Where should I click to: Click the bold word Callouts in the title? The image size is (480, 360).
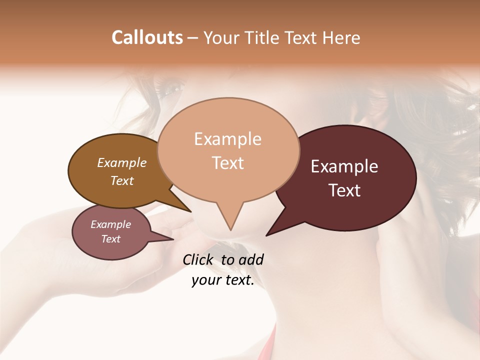[x=147, y=38]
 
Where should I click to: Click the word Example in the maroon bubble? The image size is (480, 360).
[x=344, y=166]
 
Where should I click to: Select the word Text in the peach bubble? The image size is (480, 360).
[x=228, y=163]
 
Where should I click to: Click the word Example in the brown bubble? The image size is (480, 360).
[x=122, y=162]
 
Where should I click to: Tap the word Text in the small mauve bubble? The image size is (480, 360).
[x=111, y=239]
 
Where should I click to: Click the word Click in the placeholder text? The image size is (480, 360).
[x=198, y=259]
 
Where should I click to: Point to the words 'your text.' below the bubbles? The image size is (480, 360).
[x=223, y=280]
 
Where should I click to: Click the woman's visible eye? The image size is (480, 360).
[x=173, y=90]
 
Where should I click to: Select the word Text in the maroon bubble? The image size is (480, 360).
[x=345, y=190]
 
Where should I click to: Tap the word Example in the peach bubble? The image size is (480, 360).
[x=228, y=139]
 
